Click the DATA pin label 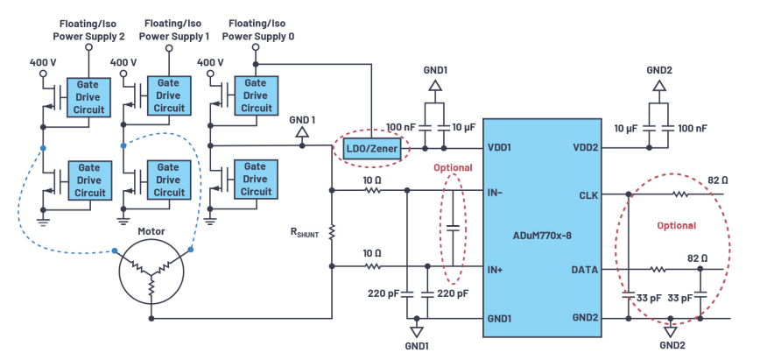click(586, 271)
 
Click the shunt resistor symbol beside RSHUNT click(332, 231)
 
